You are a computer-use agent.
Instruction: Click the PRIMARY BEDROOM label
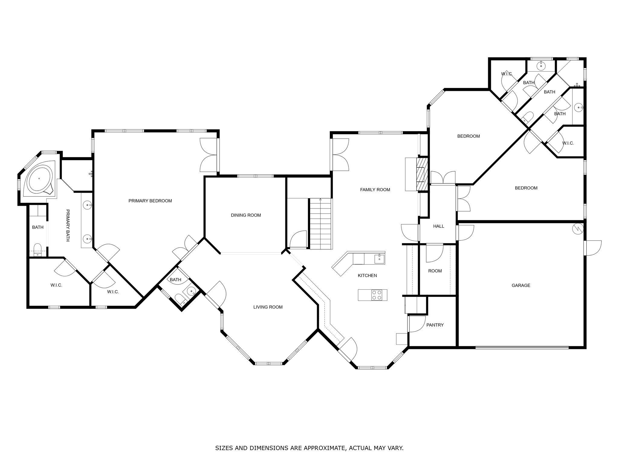tap(150, 201)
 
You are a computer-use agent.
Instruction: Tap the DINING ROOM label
tap(246, 215)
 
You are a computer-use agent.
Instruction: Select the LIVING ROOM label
tap(268, 307)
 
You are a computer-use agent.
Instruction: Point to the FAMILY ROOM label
tap(375, 190)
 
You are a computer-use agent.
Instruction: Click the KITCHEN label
tap(367, 275)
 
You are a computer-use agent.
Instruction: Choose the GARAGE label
tap(521, 285)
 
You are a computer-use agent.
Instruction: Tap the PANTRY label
tap(435, 325)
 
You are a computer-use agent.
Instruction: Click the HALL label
tap(439, 226)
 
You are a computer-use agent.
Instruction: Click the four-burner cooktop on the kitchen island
tap(377, 295)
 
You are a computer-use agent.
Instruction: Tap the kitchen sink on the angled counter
tap(379, 259)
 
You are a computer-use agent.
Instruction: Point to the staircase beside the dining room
tap(320, 224)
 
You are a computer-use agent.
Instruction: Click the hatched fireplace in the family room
tap(422, 174)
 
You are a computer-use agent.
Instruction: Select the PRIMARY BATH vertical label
tap(68, 225)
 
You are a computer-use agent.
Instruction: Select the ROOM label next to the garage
tap(435, 271)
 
